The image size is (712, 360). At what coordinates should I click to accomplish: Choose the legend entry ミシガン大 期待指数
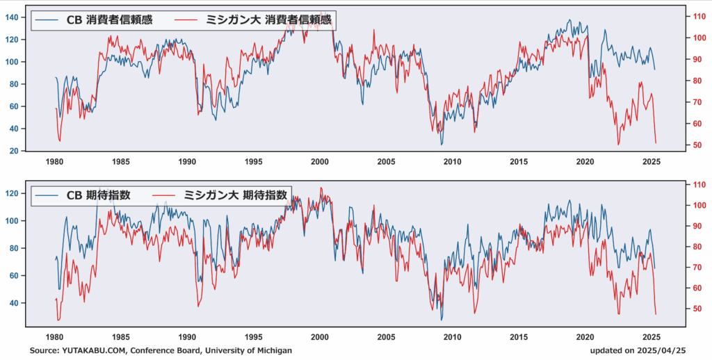[220, 195]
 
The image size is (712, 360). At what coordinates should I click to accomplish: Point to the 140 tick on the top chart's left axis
[13, 17]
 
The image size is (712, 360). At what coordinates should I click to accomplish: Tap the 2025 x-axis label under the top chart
[651, 161]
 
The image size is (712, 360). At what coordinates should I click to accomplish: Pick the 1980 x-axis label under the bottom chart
[55, 337]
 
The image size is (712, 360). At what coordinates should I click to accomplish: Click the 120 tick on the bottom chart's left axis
[13, 193]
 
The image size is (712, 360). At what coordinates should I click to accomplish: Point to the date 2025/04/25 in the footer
[662, 350]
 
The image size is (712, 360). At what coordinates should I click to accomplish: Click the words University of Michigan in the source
[246, 350]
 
